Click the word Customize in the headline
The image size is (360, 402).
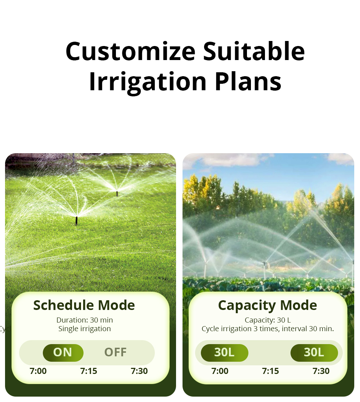coord(130,51)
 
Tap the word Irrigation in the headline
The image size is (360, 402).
coord(148,82)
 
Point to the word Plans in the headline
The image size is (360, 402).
coord(248,82)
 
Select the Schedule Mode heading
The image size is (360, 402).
coord(84,305)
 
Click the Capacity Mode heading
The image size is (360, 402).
coord(267,305)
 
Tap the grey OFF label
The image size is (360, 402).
coord(115,352)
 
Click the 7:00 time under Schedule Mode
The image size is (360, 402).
coord(38,371)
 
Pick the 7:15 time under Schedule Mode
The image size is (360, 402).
coord(89,371)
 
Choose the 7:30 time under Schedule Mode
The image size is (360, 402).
coord(139,371)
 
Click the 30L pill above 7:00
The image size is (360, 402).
coord(224,353)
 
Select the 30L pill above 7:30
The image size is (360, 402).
coord(314,353)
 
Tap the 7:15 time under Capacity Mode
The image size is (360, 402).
coord(270,371)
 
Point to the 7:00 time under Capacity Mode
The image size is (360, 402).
coord(220,371)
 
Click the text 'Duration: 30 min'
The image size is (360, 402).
coord(85,320)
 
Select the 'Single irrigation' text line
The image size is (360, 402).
coord(85,329)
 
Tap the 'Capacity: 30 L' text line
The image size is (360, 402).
coord(267,320)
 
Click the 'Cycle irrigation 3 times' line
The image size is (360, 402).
coord(267,329)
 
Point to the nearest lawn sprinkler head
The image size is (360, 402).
coord(76,220)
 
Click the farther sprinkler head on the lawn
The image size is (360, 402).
coord(117,193)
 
